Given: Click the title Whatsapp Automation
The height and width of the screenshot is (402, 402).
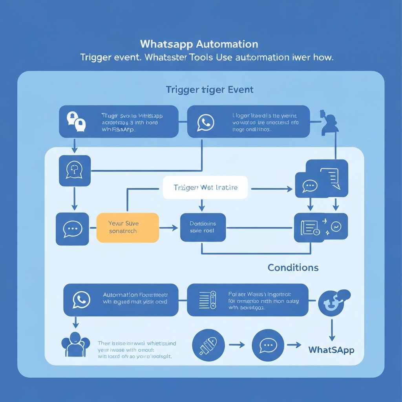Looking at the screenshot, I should [x=199, y=44].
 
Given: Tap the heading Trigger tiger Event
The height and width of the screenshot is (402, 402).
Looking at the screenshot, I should [x=209, y=90].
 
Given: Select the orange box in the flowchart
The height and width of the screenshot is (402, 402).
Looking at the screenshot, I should [x=128, y=228].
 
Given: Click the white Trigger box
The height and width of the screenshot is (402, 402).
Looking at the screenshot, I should [x=205, y=188].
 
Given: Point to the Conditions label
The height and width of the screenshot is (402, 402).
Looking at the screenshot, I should [x=293, y=268].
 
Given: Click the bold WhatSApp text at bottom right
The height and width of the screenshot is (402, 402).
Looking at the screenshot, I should [x=331, y=349].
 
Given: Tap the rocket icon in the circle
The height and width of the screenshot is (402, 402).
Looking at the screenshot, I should [x=208, y=345].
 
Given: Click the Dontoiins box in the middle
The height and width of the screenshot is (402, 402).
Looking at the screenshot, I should [x=203, y=227].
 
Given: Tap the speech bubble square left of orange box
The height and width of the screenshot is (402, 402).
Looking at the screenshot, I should [x=72, y=229].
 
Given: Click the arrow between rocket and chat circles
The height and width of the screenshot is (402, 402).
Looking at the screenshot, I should [x=237, y=345].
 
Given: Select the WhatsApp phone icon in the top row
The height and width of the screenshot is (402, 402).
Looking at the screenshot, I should [x=206, y=122].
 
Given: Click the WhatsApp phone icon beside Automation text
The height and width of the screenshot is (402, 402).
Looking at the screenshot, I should [x=81, y=300].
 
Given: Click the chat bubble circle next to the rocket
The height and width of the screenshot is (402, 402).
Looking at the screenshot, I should [x=268, y=345].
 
